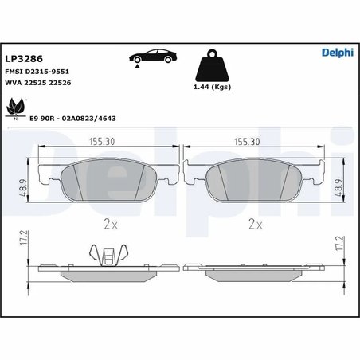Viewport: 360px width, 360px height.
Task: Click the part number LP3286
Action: click(x=24, y=59)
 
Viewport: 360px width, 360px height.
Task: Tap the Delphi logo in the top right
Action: click(x=338, y=53)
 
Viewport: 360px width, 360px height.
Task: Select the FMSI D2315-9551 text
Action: click(x=37, y=72)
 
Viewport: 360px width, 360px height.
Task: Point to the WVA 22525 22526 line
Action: click(x=38, y=83)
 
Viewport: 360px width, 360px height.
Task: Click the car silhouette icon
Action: click(x=153, y=56)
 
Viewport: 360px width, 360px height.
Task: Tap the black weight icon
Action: click(x=212, y=65)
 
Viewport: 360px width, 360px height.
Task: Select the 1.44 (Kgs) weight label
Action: click(x=212, y=87)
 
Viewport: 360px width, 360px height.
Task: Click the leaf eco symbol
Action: click(x=16, y=109)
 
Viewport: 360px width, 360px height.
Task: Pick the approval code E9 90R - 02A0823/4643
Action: click(x=72, y=119)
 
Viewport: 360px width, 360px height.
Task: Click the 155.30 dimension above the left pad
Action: click(x=102, y=142)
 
